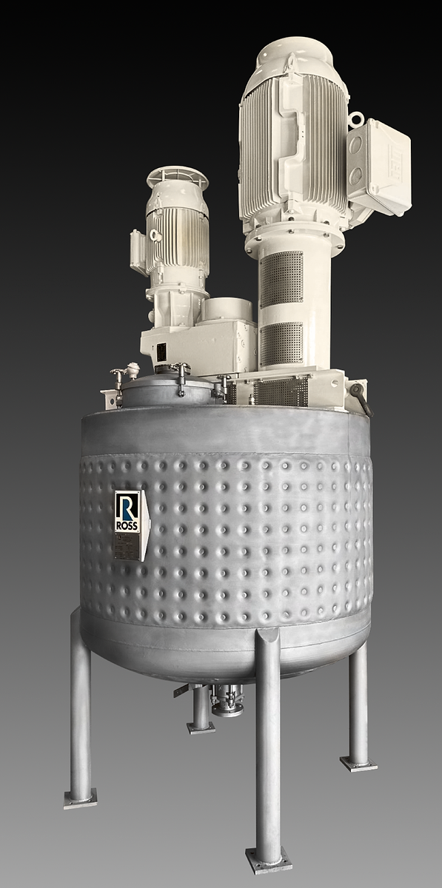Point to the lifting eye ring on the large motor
[357, 118]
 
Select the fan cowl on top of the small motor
[177, 178]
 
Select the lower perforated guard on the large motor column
[281, 343]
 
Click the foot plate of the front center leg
[268, 859]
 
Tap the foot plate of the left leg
[80, 798]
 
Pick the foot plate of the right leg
[358, 762]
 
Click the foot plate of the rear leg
[201, 727]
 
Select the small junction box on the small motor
[138, 251]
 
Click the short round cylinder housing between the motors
[228, 309]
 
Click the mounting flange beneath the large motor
[295, 235]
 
